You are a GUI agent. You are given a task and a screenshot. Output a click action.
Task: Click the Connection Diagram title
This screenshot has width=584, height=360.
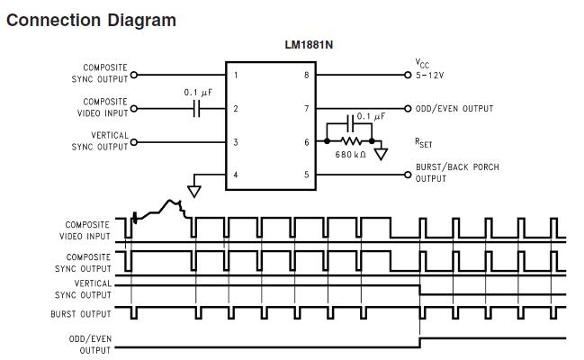91,19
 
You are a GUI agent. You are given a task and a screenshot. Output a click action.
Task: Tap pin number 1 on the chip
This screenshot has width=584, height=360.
236,75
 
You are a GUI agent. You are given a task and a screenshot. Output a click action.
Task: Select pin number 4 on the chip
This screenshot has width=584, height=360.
236,175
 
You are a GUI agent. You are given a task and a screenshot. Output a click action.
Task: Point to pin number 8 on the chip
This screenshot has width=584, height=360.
306,75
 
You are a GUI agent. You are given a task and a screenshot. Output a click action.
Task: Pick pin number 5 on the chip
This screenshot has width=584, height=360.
306,175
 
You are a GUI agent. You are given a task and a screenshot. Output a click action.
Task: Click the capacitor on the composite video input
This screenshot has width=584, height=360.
200,109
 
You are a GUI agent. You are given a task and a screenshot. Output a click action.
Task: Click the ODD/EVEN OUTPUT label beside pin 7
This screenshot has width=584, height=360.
454,109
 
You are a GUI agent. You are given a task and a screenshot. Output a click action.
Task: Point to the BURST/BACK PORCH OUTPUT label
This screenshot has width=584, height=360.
456,173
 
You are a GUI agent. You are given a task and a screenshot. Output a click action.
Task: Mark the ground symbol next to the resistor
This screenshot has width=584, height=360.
381,154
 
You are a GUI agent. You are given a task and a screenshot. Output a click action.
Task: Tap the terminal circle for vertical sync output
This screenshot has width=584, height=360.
134,142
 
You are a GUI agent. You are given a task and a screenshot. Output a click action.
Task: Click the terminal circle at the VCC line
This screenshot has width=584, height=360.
408,75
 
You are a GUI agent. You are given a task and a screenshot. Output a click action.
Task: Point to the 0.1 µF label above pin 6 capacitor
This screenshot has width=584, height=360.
371,116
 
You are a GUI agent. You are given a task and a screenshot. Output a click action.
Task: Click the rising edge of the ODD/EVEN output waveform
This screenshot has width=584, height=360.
420,343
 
